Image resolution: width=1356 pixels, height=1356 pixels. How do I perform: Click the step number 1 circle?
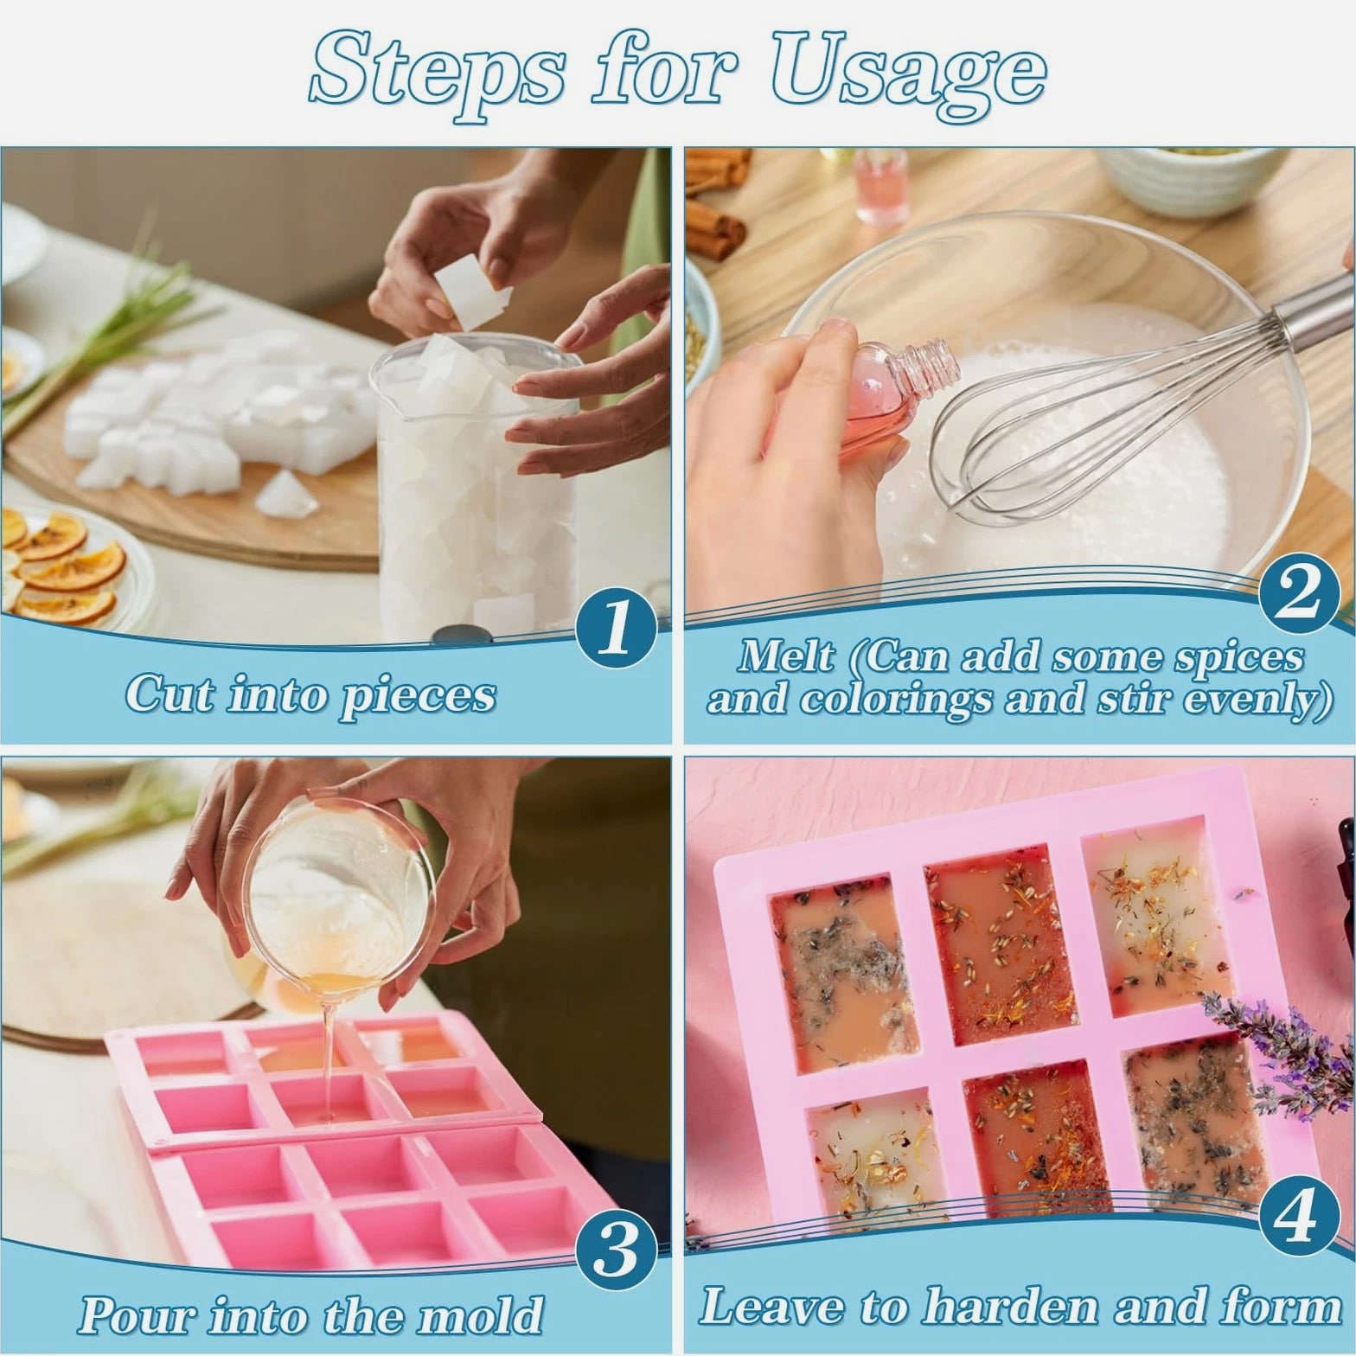tap(616, 629)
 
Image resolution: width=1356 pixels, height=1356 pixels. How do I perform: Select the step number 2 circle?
tap(1299, 596)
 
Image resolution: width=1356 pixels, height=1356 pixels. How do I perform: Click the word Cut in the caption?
tap(171, 694)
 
